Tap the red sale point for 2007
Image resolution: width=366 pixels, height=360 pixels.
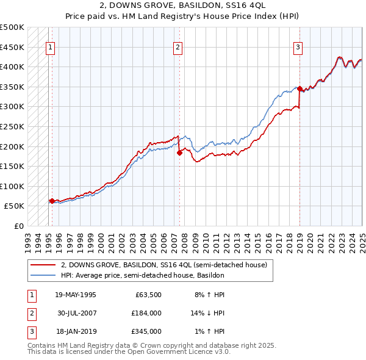pyautogui.click(x=180, y=153)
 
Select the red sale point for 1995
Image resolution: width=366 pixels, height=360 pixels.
pyautogui.click(x=52, y=200)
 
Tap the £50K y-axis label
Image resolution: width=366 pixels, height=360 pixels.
pyautogui.click(x=15, y=206)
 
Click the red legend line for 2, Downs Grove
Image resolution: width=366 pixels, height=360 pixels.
pyautogui.click(x=43, y=265)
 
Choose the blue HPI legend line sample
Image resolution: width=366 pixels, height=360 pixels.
pyautogui.click(x=43, y=275)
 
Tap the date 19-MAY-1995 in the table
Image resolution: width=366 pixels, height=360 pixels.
pyautogui.click(x=76, y=295)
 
